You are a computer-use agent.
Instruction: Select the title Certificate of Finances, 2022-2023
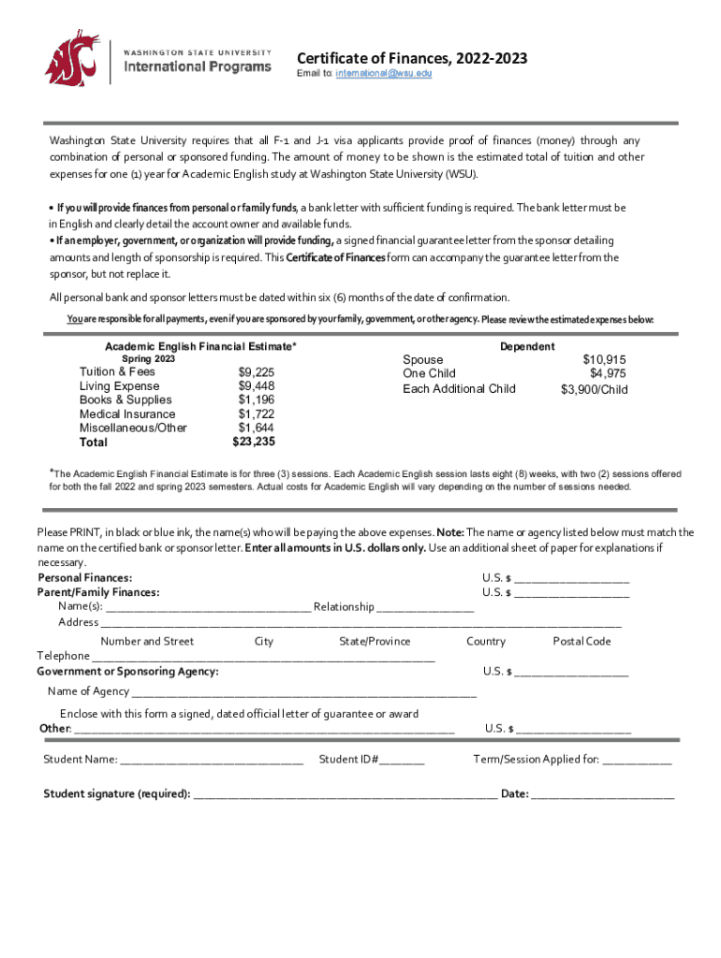point(412,59)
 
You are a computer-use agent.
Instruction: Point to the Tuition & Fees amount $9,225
point(257,371)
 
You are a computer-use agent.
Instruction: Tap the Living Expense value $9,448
point(257,385)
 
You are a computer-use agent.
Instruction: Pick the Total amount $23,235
point(254,442)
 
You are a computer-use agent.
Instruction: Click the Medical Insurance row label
point(127,414)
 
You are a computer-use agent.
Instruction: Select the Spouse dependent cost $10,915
point(605,359)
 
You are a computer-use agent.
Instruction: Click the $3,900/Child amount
point(594,389)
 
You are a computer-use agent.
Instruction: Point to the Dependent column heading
point(527,346)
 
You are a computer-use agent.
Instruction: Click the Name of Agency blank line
point(304,693)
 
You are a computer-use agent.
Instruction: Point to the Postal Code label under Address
point(581,641)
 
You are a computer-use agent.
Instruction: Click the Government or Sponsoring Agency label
point(128,672)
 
